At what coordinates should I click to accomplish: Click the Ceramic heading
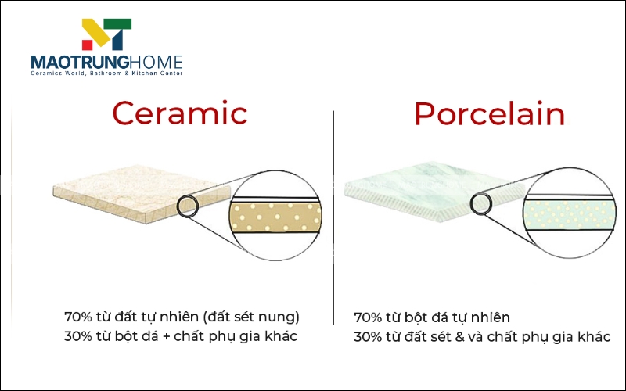[179, 114]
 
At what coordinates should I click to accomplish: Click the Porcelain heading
[490, 114]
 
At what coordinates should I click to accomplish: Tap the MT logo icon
[106, 36]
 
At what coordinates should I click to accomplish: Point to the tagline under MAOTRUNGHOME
[106, 74]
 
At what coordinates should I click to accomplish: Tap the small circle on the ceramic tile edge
[188, 207]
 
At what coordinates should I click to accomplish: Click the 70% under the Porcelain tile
[368, 317]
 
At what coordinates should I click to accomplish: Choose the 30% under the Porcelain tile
[368, 337]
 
